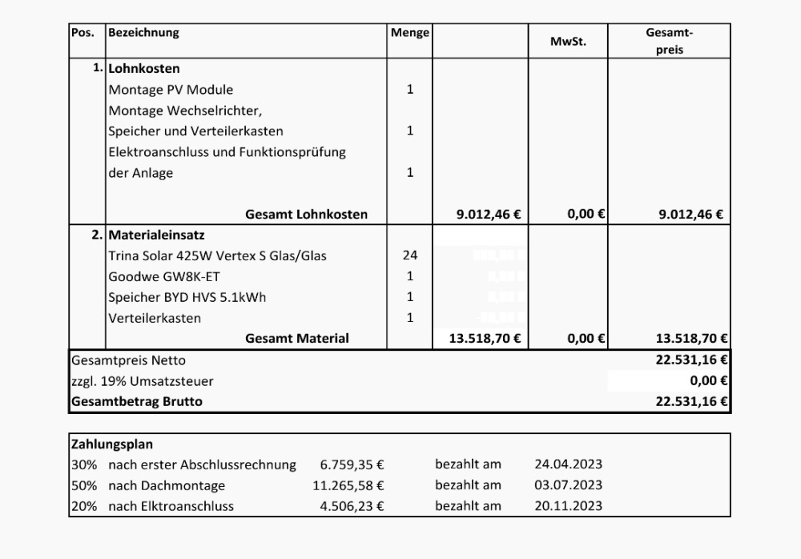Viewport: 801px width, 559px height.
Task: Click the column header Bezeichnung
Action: click(x=143, y=33)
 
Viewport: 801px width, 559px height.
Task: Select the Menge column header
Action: click(x=409, y=33)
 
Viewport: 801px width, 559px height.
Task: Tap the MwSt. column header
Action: click(x=568, y=42)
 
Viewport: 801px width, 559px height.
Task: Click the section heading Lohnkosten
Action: click(x=144, y=69)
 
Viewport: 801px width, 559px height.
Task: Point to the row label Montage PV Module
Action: click(x=171, y=90)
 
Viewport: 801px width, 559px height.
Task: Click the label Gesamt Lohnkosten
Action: click(x=306, y=215)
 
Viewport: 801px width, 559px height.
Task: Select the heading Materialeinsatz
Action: click(x=156, y=235)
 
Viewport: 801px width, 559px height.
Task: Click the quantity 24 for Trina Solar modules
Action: click(x=410, y=255)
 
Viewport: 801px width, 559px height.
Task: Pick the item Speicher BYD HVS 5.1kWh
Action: click(x=187, y=297)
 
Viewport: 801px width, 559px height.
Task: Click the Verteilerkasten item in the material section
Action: click(x=155, y=318)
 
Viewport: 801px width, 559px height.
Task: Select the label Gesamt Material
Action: click(x=296, y=339)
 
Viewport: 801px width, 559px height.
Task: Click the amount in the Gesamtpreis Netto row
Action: click(x=691, y=360)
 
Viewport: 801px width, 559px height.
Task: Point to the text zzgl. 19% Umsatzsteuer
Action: click(x=143, y=381)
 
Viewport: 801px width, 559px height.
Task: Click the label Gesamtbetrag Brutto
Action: click(x=137, y=402)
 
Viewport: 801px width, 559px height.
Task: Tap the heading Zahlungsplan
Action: click(x=112, y=444)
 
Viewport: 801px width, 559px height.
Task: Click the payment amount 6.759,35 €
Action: click(x=352, y=464)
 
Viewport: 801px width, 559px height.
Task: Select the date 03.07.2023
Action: click(x=568, y=485)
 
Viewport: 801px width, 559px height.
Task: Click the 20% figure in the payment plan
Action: click(x=84, y=506)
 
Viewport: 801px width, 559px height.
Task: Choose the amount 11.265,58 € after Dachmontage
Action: click(x=348, y=485)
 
